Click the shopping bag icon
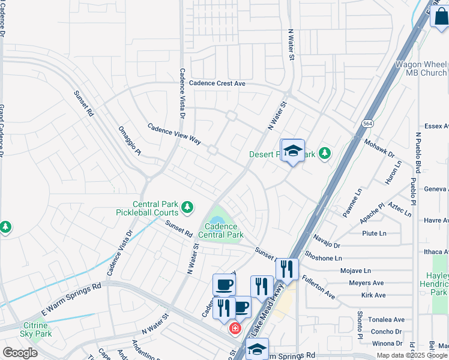point(439,16)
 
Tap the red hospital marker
point(234,328)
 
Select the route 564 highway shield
point(367,123)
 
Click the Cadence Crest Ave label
point(217,84)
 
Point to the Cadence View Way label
point(174,133)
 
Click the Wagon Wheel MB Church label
point(420,68)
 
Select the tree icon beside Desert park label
point(325,154)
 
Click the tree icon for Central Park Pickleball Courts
point(187,208)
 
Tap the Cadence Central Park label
point(223,230)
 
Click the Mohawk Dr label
point(379,148)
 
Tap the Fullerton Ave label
point(318,287)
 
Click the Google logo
point(20,353)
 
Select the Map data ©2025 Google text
point(412,355)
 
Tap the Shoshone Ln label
point(324,258)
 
